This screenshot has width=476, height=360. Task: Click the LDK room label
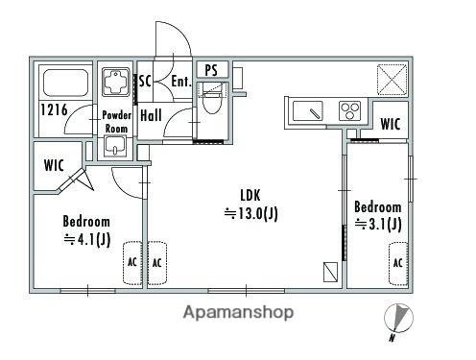click(250, 195)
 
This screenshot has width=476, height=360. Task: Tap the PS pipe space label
click(211, 70)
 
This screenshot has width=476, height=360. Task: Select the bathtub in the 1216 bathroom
click(65, 83)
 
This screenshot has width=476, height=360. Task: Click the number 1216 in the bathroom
click(54, 109)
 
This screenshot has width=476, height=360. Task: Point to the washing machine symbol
click(116, 82)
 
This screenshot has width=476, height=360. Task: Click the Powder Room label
click(116, 122)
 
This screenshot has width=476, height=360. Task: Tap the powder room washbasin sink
click(115, 147)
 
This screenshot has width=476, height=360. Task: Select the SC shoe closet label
click(145, 81)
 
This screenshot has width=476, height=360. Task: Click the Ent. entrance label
click(181, 81)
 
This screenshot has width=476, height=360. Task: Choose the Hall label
click(151, 115)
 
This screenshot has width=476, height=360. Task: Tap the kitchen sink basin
click(308, 111)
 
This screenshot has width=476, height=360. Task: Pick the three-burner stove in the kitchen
click(350, 110)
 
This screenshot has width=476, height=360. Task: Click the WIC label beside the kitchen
click(391, 124)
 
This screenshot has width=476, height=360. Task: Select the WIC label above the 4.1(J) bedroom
click(54, 165)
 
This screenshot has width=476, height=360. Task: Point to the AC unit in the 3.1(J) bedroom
click(398, 264)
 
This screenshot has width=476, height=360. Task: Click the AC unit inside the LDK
click(156, 263)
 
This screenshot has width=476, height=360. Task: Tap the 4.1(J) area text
click(87, 239)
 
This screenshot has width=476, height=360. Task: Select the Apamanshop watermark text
click(238, 312)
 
